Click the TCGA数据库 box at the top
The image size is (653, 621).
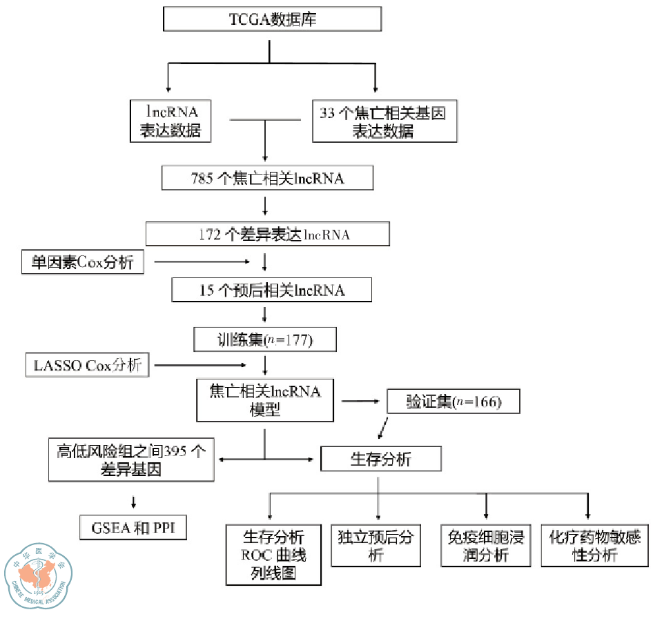(272, 19)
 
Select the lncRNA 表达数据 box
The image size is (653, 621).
(170, 121)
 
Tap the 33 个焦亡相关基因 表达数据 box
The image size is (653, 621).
(384, 122)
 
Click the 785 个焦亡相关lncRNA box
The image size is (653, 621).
(267, 178)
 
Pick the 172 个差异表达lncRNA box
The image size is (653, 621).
(267, 234)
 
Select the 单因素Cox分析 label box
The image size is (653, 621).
(83, 262)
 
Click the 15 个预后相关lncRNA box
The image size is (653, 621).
(271, 290)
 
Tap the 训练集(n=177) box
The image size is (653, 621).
(265, 339)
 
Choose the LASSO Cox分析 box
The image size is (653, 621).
(87, 365)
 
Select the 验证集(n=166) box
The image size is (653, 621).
(453, 402)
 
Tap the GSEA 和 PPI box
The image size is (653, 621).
(133, 529)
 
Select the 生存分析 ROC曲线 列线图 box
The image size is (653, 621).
(273, 554)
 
